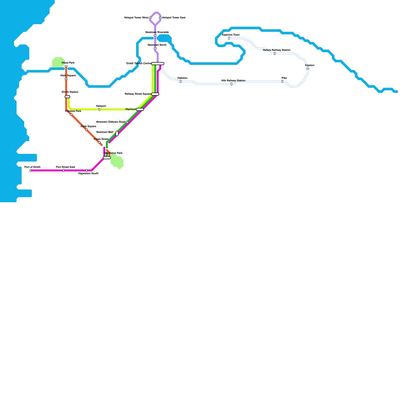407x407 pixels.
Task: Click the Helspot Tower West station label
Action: [x=136, y=18]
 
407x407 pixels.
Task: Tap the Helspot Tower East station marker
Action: [x=160, y=18]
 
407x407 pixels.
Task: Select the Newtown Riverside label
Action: [x=157, y=32]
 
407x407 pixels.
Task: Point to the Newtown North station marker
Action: [x=155, y=48]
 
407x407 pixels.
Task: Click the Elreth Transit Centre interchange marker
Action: [x=158, y=64]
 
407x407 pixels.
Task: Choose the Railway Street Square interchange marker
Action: [x=155, y=94]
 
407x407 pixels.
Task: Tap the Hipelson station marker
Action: [x=140, y=109]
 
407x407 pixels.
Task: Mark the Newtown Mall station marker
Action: [x=117, y=134]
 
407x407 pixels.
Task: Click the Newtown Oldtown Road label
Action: [x=111, y=122]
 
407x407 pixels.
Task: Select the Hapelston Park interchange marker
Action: [x=107, y=158]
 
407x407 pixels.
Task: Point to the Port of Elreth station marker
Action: [x=31, y=170]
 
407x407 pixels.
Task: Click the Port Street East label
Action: [x=65, y=167]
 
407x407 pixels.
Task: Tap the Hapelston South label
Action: [x=88, y=173]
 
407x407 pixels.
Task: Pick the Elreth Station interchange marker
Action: [x=67, y=97]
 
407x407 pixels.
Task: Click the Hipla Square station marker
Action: [x=86, y=130]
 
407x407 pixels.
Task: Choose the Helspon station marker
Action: [x=99, y=109]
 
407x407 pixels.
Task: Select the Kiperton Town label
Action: [x=231, y=35]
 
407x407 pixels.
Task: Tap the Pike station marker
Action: [x=282, y=81]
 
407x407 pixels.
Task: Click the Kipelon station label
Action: [x=310, y=65]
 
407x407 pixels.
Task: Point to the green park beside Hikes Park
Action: [x=58, y=62]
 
